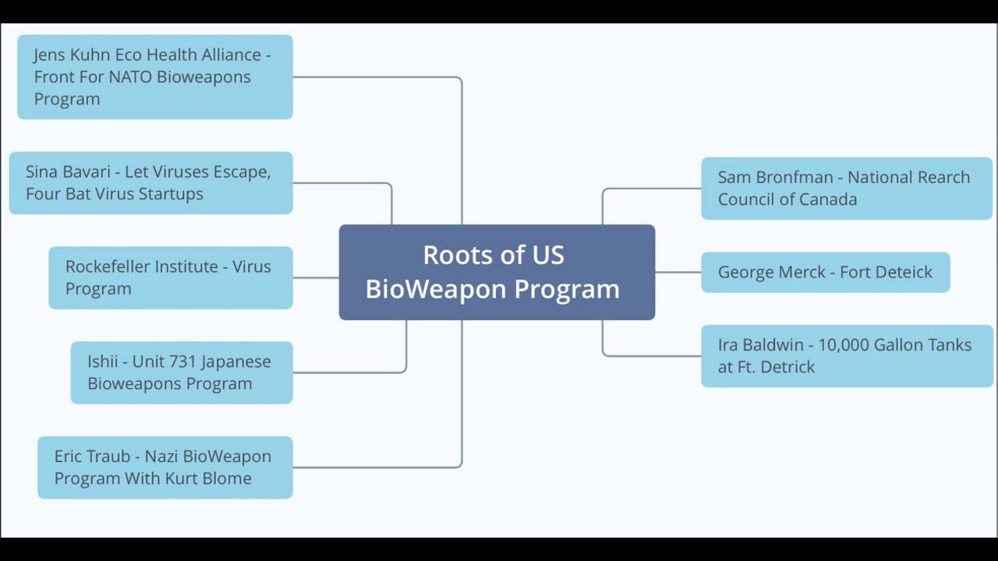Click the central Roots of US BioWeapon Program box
click(x=497, y=272)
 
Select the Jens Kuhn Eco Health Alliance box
click(x=155, y=76)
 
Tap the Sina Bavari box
click(x=151, y=182)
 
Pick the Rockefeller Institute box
click(x=171, y=277)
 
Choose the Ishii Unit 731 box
click(x=182, y=372)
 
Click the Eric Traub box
click(x=165, y=467)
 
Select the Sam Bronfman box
click(x=847, y=188)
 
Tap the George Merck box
click(x=825, y=272)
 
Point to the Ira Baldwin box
click(x=847, y=355)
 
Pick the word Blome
click(x=228, y=478)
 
